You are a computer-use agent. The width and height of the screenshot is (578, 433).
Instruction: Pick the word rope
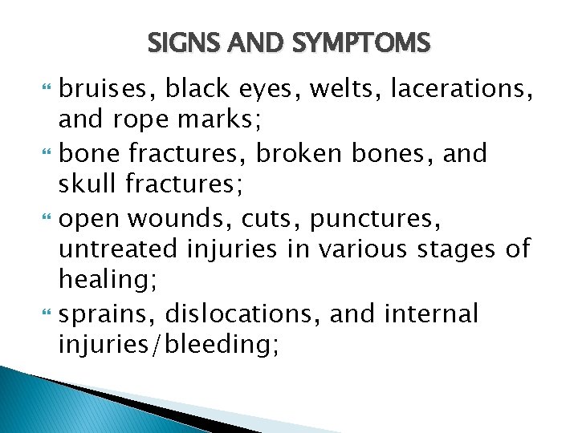click(x=142, y=121)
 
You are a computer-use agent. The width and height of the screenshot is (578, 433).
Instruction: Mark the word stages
click(x=450, y=250)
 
